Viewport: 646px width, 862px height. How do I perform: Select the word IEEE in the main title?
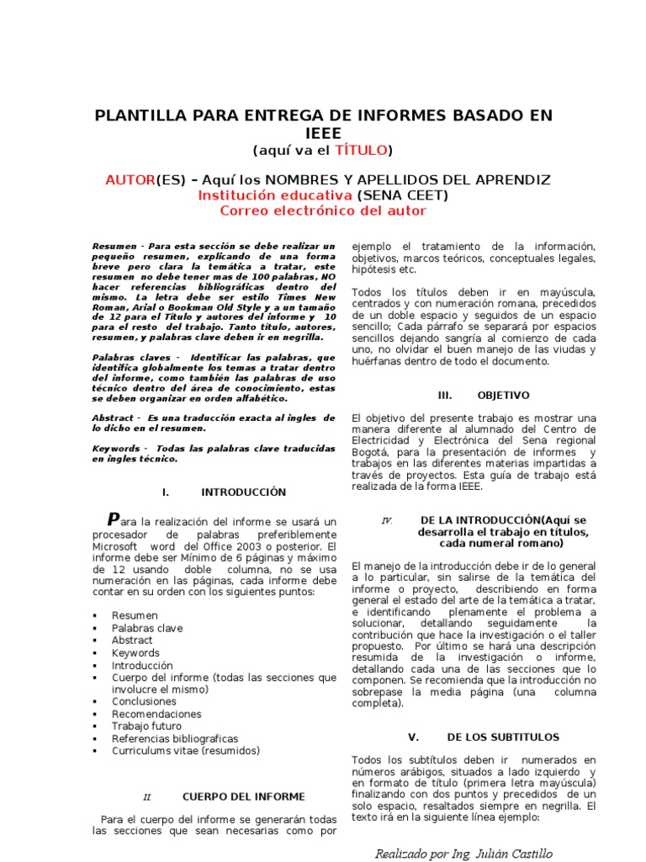coord(324,133)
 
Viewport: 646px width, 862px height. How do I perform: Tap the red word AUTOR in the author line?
coord(130,180)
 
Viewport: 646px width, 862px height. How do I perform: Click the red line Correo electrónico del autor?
coord(323,210)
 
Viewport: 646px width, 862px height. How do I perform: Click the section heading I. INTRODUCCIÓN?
coord(223,492)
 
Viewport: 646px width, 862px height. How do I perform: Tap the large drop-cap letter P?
coord(114,519)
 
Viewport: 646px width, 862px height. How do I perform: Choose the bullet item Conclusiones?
coord(144,701)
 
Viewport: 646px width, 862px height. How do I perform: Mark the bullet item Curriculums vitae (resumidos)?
coord(186,750)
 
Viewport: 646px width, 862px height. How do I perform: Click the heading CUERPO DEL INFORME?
coord(243,796)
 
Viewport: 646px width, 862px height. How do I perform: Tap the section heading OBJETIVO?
coord(503,395)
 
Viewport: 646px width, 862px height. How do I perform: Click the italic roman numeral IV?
coord(387,520)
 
